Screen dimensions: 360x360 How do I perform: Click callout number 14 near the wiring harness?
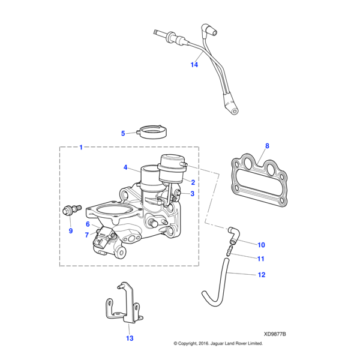coord(194,64)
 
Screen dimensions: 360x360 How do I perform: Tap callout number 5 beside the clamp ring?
coord(123,133)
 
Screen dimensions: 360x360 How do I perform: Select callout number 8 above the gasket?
coord(268,146)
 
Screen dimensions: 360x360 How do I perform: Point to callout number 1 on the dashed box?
coord(82,147)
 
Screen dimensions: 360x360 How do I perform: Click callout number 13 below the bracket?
coord(128,338)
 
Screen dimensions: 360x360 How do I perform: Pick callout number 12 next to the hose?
coord(261,275)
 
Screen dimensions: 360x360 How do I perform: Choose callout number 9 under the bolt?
coord(70,230)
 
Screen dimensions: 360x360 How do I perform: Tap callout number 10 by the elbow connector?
coord(260,245)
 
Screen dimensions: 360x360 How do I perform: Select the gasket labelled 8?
coord(260,177)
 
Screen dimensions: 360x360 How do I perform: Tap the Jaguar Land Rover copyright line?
coord(218,344)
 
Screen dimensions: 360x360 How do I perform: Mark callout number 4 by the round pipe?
coord(126,167)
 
